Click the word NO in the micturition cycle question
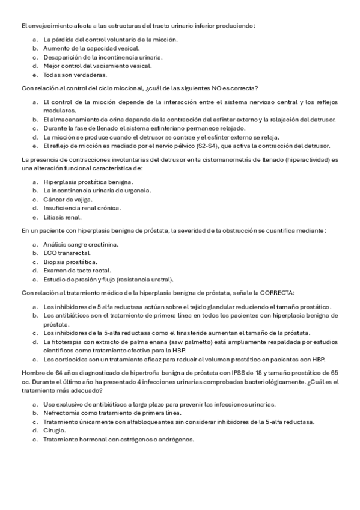[215, 88]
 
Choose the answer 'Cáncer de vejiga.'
[69, 199]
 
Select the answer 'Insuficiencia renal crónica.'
[82, 208]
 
